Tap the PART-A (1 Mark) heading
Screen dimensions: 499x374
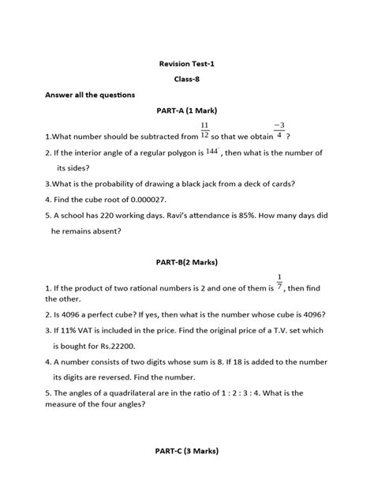pos(186,112)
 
